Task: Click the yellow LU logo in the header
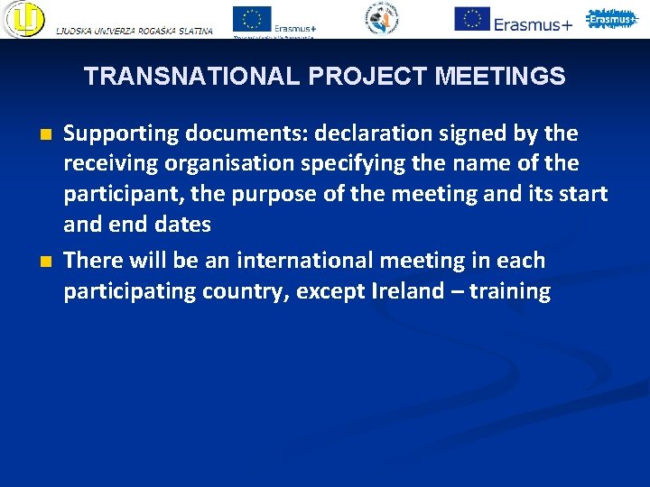click(x=23, y=19)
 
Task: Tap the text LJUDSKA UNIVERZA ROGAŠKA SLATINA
click(x=135, y=31)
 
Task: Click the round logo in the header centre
click(x=382, y=18)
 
